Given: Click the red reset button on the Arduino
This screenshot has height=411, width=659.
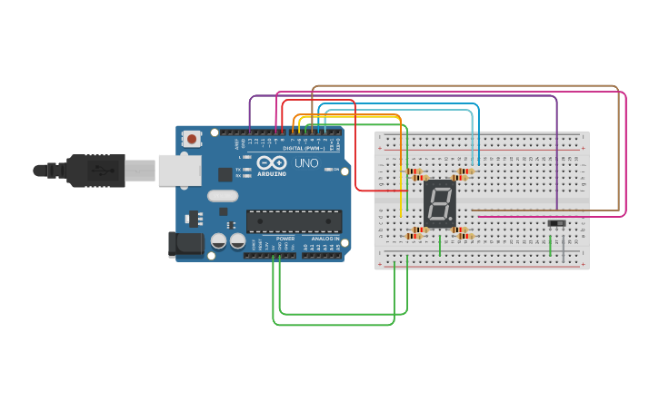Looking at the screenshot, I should [x=192, y=139].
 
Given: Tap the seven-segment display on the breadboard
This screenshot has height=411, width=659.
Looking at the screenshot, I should [x=439, y=203].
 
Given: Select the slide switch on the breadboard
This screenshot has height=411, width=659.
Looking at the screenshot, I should [x=556, y=223].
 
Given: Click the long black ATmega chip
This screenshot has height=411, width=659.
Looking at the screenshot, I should [x=294, y=221].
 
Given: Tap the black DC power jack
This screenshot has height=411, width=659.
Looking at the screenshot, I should [x=186, y=243].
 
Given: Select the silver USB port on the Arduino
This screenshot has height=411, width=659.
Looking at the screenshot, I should [x=179, y=170].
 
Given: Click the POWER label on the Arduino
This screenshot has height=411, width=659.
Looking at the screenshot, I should [x=285, y=239].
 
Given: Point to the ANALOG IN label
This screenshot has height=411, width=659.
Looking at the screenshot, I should [x=325, y=239].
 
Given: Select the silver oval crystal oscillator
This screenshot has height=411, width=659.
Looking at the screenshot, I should [x=222, y=195].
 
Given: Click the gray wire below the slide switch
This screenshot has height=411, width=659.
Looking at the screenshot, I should [x=563, y=249].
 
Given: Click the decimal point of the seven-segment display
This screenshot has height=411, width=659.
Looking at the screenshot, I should [x=452, y=222].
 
